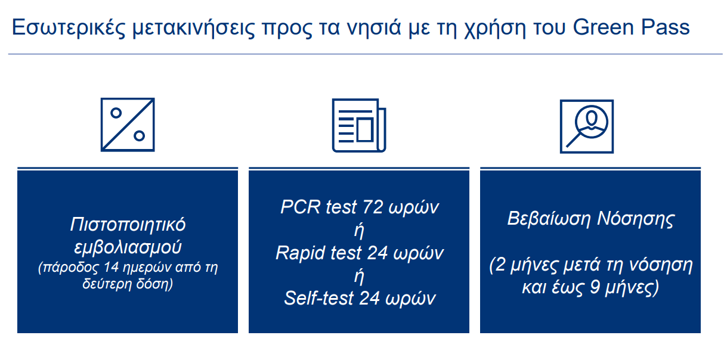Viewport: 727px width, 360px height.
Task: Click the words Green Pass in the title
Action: point(631,27)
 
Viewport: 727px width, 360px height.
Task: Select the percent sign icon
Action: point(128,125)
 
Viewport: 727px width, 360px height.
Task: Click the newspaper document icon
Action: point(359,126)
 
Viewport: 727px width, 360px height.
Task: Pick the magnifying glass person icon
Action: point(587,126)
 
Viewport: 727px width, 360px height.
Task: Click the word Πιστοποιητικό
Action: point(128,225)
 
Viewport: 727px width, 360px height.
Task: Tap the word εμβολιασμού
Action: point(128,247)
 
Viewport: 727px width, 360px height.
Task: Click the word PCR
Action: point(301,207)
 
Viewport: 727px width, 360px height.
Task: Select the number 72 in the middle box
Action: point(373,207)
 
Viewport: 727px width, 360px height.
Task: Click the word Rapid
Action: point(300,253)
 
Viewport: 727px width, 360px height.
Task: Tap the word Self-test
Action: point(318,298)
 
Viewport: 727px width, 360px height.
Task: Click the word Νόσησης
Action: point(636,219)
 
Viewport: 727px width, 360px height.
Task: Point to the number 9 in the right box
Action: point(595,287)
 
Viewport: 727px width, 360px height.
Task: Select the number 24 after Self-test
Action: point(370,298)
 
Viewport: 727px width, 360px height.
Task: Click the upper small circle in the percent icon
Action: point(116,113)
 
